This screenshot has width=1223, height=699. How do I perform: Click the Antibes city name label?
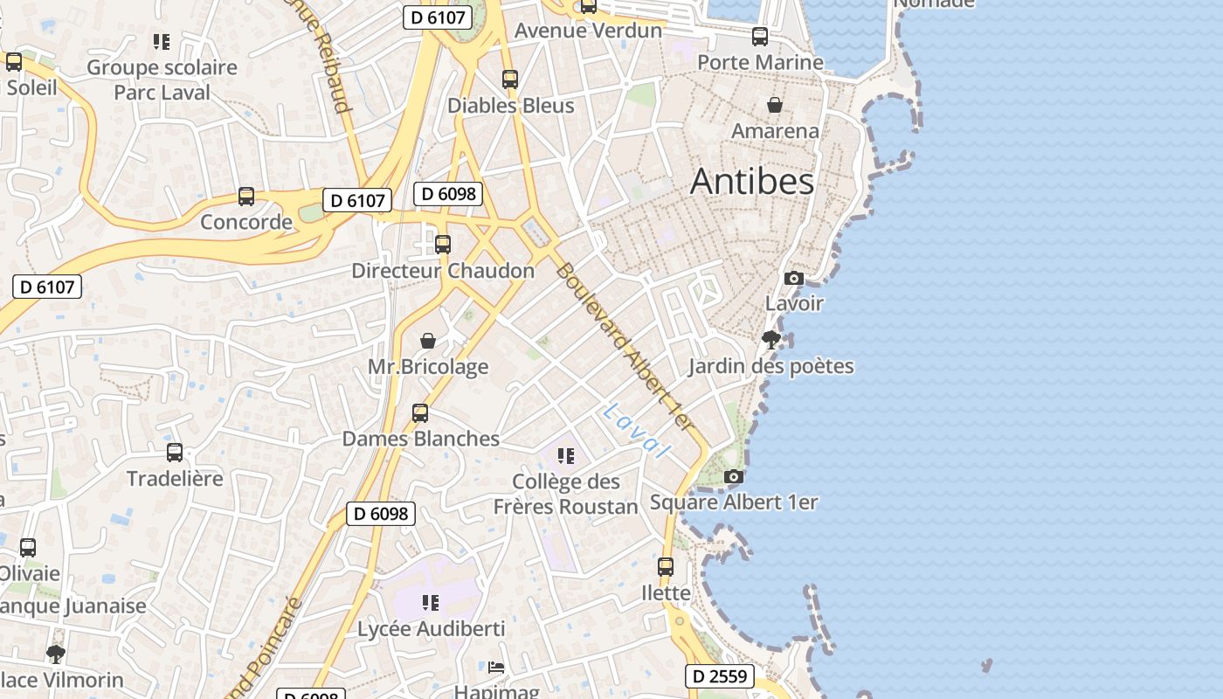click(x=751, y=181)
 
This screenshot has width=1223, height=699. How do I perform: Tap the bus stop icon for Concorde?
click(x=246, y=197)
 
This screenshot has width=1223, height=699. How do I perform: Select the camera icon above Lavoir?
click(x=793, y=278)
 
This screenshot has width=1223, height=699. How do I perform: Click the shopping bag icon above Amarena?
click(x=775, y=106)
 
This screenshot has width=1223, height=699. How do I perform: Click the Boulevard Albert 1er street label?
click(x=625, y=346)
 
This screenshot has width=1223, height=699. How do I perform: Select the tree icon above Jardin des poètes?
click(x=770, y=340)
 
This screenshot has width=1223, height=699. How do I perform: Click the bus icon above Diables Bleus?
click(x=510, y=80)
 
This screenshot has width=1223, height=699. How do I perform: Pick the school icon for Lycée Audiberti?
click(x=430, y=602)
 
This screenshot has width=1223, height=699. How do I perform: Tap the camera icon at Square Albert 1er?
click(x=734, y=476)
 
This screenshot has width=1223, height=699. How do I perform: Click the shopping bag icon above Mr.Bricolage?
click(x=428, y=341)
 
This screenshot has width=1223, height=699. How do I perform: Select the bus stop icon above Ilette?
click(x=666, y=566)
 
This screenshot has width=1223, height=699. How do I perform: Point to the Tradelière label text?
click(x=175, y=479)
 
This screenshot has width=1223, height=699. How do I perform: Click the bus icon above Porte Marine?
click(x=760, y=37)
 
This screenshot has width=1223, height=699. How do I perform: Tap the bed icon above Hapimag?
click(x=496, y=668)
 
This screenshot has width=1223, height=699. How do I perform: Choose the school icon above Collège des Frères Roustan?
click(x=566, y=455)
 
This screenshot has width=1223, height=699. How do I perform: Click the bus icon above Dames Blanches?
click(x=420, y=412)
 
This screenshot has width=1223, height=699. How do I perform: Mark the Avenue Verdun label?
click(x=588, y=31)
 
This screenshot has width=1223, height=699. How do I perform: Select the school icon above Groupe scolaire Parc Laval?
click(x=161, y=41)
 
